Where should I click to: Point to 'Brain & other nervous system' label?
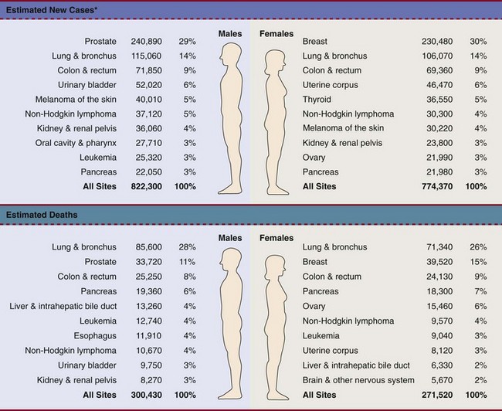click(x=358, y=380)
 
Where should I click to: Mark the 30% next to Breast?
click(x=477, y=42)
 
